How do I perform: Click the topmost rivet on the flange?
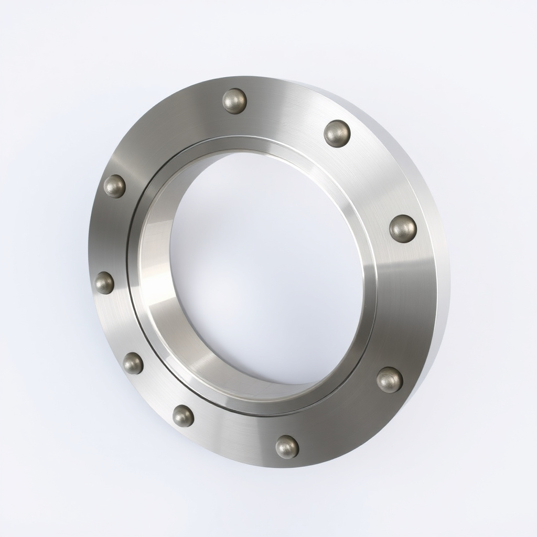(234, 101)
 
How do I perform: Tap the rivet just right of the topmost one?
(337, 133)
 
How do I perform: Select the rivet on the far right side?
(403, 229)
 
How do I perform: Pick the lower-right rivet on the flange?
(390, 380)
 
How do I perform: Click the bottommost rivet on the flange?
(287, 447)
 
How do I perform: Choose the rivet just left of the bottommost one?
(183, 416)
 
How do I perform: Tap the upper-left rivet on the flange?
(114, 186)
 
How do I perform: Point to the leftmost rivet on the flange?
(104, 283)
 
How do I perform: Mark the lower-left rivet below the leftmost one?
(133, 363)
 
